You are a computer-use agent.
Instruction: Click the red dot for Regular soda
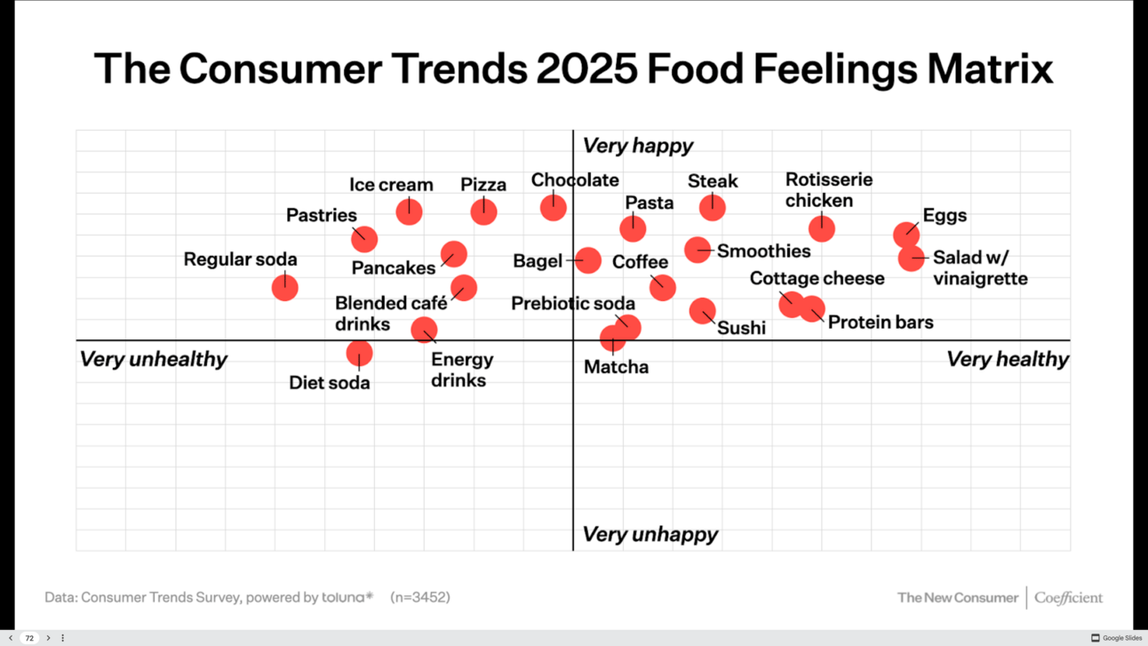coord(284,287)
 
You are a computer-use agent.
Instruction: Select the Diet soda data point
coord(359,354)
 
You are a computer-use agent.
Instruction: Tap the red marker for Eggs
coord(906,235)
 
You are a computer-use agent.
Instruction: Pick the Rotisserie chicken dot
coord(822,228)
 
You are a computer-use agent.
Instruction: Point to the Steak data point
coord(712,207)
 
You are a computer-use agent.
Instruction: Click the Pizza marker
coord(483,211)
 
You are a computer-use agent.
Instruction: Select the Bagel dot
coord(587,260)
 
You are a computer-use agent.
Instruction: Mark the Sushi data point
coord(702,311)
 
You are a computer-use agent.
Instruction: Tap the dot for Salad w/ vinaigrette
coord(911,259)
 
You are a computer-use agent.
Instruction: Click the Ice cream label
coord(391,185)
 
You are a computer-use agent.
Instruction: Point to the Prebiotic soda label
coord(573,304)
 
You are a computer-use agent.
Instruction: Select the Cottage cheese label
coord(817,278)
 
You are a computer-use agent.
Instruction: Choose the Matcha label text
coord(616,367)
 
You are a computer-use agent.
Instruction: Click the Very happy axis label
coord(637,146)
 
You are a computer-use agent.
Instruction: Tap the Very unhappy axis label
coord(650,534)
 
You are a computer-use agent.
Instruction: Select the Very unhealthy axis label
coord(154,359)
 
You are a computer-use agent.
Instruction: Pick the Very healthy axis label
coord(1007,359)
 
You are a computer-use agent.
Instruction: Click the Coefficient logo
coord(1068,598)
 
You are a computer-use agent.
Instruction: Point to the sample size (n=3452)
coord(420,597)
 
